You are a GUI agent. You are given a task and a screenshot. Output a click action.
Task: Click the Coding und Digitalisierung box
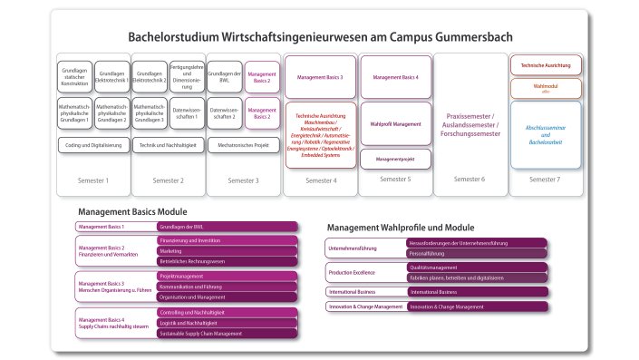(92, 144)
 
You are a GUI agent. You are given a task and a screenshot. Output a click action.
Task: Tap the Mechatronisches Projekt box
(242, 144)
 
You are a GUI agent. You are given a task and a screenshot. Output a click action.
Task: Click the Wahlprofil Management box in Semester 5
(396, 123)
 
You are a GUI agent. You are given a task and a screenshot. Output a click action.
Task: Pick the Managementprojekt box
(396, 159)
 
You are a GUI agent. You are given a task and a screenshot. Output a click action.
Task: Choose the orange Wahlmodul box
(545, 89)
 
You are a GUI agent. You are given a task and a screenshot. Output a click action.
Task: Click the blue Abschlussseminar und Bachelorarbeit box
(545, 134)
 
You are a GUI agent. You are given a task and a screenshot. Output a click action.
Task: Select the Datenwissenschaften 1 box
(186, 115)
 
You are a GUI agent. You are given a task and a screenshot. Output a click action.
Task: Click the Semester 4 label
(321, 180)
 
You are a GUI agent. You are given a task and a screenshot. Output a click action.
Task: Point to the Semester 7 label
(545, 180)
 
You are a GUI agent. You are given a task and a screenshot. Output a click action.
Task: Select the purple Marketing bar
(227, 250)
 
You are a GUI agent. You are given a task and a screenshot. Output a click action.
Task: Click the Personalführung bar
(476, 254)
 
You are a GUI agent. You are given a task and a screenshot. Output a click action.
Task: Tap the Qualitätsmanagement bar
(476, 268)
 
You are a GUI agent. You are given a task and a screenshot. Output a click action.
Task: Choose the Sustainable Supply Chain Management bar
(227, 334)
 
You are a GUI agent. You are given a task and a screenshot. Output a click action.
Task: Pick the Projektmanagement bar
(227, 276)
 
